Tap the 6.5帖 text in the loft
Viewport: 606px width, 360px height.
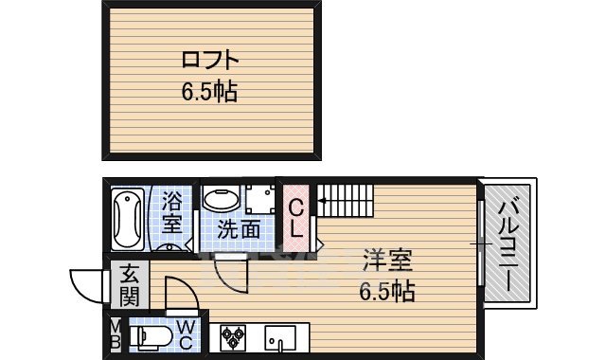click(209, 93)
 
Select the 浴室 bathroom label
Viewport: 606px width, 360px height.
click(171, 212)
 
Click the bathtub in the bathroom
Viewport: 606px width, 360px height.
click(126, 220)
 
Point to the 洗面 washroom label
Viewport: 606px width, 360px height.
click(239, 228)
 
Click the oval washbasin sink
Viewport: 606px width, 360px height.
click(221, 201)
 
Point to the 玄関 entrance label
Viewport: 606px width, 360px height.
click(129, 286)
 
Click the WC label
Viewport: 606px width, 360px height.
click(186, 336)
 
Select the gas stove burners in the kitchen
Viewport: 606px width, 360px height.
click(234, 337)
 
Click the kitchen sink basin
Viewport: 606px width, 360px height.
click(277, 337)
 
